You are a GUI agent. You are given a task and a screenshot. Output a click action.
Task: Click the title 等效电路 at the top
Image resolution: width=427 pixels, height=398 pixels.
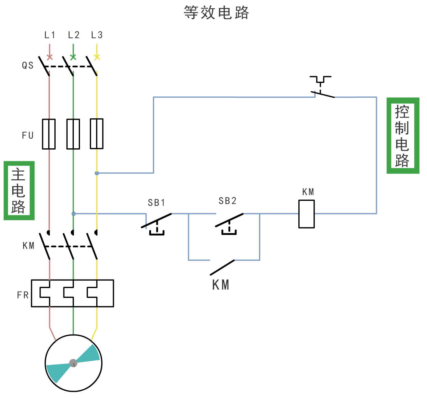coord(216,13)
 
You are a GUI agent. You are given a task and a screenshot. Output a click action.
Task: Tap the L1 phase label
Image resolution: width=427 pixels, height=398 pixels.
coord(50,35)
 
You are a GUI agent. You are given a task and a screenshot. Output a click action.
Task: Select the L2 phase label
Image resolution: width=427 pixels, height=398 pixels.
coord(74,35)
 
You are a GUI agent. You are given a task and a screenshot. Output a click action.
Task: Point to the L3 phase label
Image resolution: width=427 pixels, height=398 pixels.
coord(97,35)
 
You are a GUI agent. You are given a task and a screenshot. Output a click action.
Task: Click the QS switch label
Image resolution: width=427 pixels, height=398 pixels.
coord(28,65)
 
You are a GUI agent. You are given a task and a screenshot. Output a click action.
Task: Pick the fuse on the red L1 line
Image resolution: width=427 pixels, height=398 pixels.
coord(49,134)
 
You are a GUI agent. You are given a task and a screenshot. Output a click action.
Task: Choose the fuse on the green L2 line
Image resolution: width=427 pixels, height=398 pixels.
coord(73,134)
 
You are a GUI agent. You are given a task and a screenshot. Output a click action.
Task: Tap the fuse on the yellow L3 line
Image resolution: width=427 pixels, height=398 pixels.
coord(97,134)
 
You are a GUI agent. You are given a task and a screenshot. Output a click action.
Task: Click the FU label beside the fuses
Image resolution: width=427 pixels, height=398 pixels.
coord(28,135)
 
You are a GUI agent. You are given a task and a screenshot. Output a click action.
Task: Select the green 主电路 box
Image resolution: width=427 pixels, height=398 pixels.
coord(19,191)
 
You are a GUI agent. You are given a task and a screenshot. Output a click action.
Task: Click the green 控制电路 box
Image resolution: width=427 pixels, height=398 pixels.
coord(402,136)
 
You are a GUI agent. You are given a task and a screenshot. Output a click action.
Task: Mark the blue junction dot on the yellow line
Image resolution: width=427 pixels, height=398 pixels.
coord(97,173)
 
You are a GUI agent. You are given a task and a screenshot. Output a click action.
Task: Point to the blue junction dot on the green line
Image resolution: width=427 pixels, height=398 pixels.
coord(74,214)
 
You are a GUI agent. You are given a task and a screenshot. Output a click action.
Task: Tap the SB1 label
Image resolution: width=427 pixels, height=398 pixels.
coord(157,203)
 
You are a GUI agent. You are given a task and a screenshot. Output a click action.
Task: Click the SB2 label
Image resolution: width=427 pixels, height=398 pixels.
coord(228,201)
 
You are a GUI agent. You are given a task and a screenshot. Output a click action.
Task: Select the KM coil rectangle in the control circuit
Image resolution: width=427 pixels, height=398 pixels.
coord(306,214)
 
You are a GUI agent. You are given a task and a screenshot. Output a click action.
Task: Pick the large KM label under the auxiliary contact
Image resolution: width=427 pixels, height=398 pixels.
coord(221,285)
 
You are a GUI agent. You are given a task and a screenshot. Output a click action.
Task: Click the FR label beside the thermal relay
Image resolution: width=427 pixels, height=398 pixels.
coord(23,295)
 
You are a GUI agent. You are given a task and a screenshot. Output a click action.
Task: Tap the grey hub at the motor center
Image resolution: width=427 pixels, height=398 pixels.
coord(73,363)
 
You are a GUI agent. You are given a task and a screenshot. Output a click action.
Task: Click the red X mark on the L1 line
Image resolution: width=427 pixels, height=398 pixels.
coord(50,57)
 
